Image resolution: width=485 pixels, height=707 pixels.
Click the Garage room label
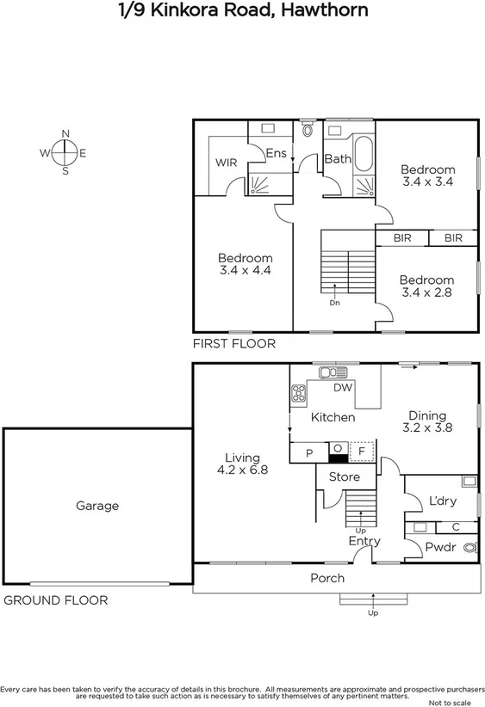(x=96, y=507)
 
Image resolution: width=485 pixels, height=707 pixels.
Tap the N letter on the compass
(x=65, y=133)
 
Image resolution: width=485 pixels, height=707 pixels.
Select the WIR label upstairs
(x=226, y=163)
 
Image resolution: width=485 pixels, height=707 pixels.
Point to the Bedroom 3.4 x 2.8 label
(x=426, y=286)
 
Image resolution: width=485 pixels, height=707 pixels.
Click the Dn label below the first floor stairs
(x=334, y=303)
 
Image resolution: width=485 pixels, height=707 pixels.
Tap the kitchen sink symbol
(x=330, y=372)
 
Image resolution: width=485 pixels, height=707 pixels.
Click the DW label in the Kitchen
(x=343, y=389)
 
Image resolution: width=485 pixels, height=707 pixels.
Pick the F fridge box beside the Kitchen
(x=363, y=451)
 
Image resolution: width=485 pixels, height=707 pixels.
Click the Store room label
(x=333, y=477)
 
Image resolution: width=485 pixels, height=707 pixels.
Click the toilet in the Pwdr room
(x=469, y=546)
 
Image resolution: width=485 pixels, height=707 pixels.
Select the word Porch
(x=327, y=578)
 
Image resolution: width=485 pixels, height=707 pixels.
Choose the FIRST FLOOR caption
(x=234, y=344)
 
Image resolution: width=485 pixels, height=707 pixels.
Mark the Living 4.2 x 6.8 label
(x=243, y=464)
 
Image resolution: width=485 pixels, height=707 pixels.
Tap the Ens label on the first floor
(x=276, y=153)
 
